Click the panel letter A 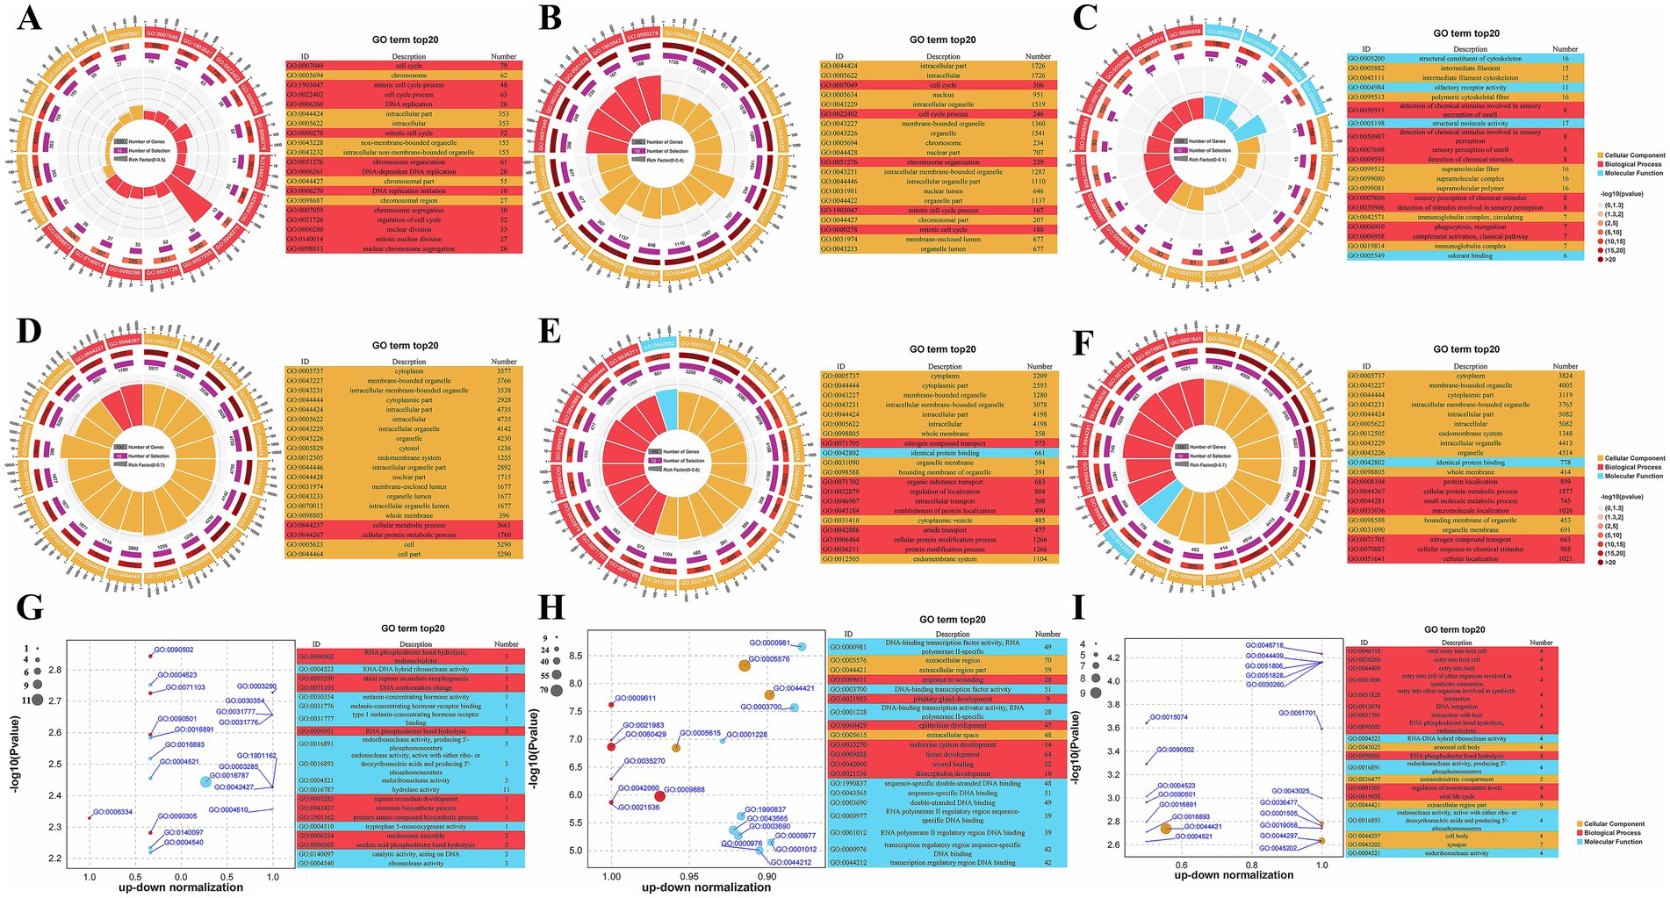[29, 18]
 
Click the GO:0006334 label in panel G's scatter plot [112, 812]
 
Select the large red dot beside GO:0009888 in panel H [660, 796]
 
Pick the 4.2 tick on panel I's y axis [1113, 657]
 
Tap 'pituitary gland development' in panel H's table [952, 700]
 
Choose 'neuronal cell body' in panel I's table [1457, 747]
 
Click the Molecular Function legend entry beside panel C [1633, 173]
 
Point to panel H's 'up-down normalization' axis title [707, 887]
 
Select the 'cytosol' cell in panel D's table [409, 449]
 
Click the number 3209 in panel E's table [1040, 376]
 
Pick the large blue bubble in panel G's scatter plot [205, 781]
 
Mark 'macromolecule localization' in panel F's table [1470, 511]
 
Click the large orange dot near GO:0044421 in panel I [1166, 829]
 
